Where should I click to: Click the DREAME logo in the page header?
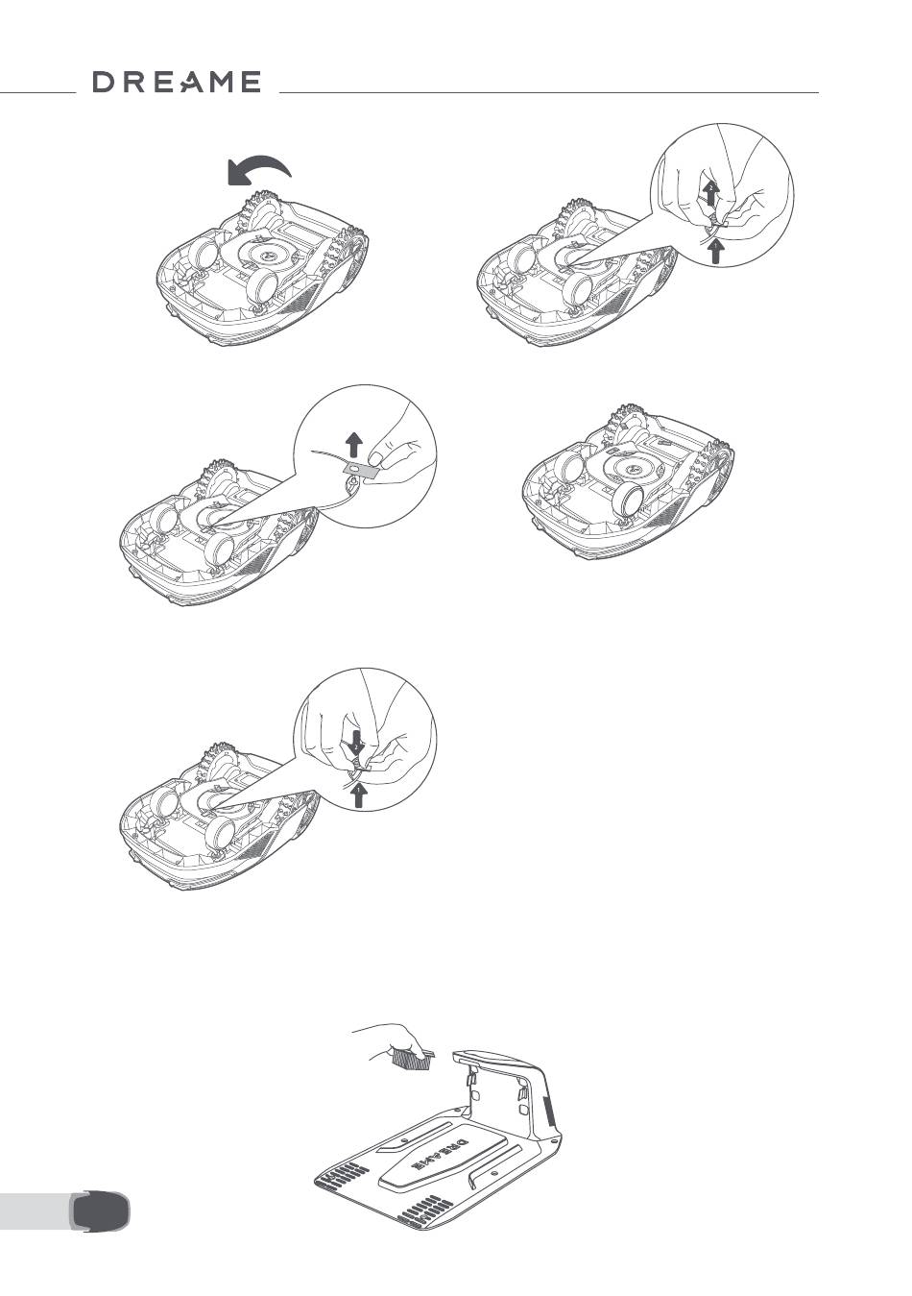click(177, 82)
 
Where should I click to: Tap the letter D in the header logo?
click(105, 82)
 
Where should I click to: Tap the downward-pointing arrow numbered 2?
click(357, 743)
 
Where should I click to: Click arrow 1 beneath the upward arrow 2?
click(716, 253)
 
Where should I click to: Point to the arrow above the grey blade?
click(354, 447)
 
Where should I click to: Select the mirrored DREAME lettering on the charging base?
click(438, 1156)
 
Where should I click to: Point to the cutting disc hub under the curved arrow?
click(269, 256)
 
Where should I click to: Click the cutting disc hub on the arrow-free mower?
click(631, 468)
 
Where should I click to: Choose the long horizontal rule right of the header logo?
click(549, 92)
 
